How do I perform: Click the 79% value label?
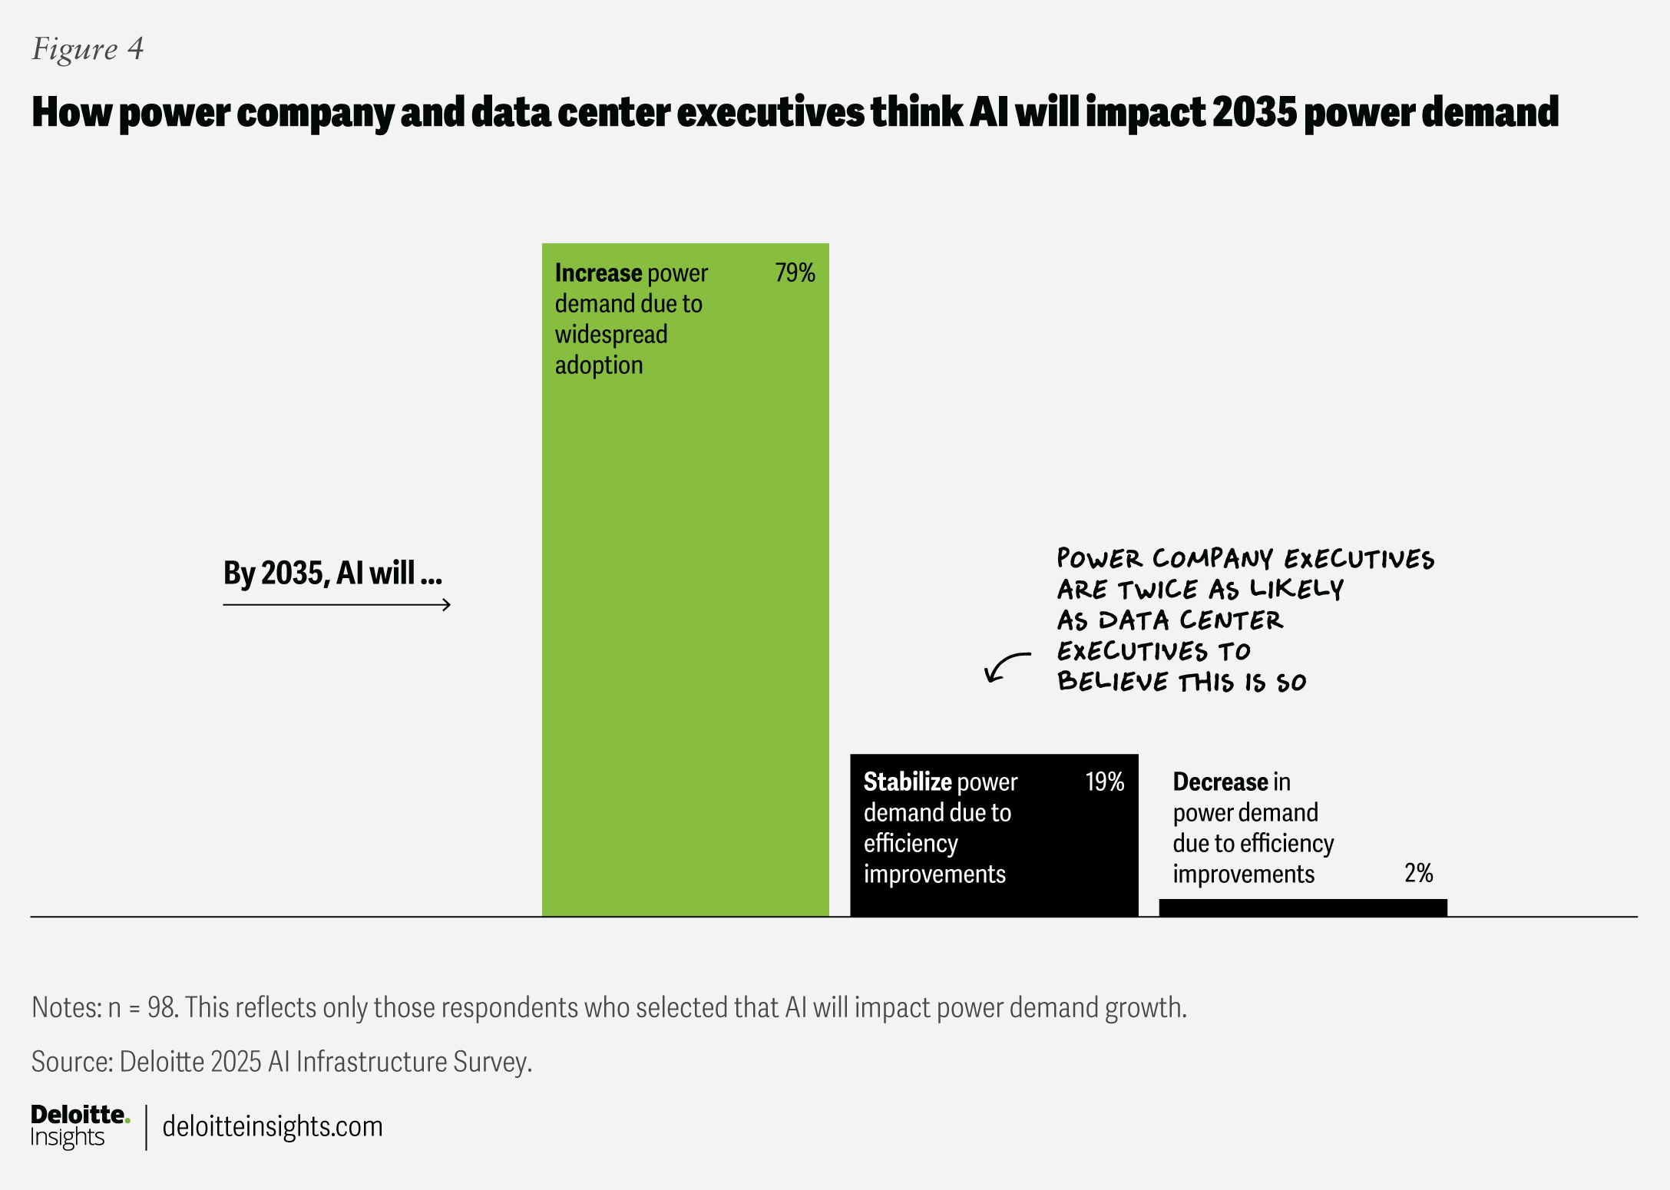pyautogui.click(x=795, y=273)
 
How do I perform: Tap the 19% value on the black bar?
pyautogui.click(x=1104, y=782)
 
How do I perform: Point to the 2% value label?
pyautogui.click(x=1418, y=874)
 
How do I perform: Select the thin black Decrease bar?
pyautogui.click(x=1302, y=907)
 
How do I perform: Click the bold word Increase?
pyautogui.click(x=598, y=273)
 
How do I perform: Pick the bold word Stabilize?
pyautogui.click(x=908, y=782)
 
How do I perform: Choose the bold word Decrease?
pyautogui.click(x=1220, y=782)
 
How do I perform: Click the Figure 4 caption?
pyautogui.click(x=88, y=49)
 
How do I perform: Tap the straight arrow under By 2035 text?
pyautogui.click(x=336, y=605)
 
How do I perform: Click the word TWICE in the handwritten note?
pyautogui.click(x=1158, y=590)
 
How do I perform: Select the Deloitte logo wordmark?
pyautogui.click(x=79, y=1115)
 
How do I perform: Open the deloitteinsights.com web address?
pyautogui.click(x=273, y=1127)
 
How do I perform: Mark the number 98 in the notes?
pyautogui.click(x=161, y=1008)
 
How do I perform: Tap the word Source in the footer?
pyautogui.click(x=71, y=1062)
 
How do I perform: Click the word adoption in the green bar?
pyautogui.click(x=599, y=365)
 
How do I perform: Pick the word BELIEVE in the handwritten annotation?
pyautogui.click(x=1112, y=683)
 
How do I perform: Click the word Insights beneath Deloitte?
pyautogui.click(x=68, y=1138)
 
